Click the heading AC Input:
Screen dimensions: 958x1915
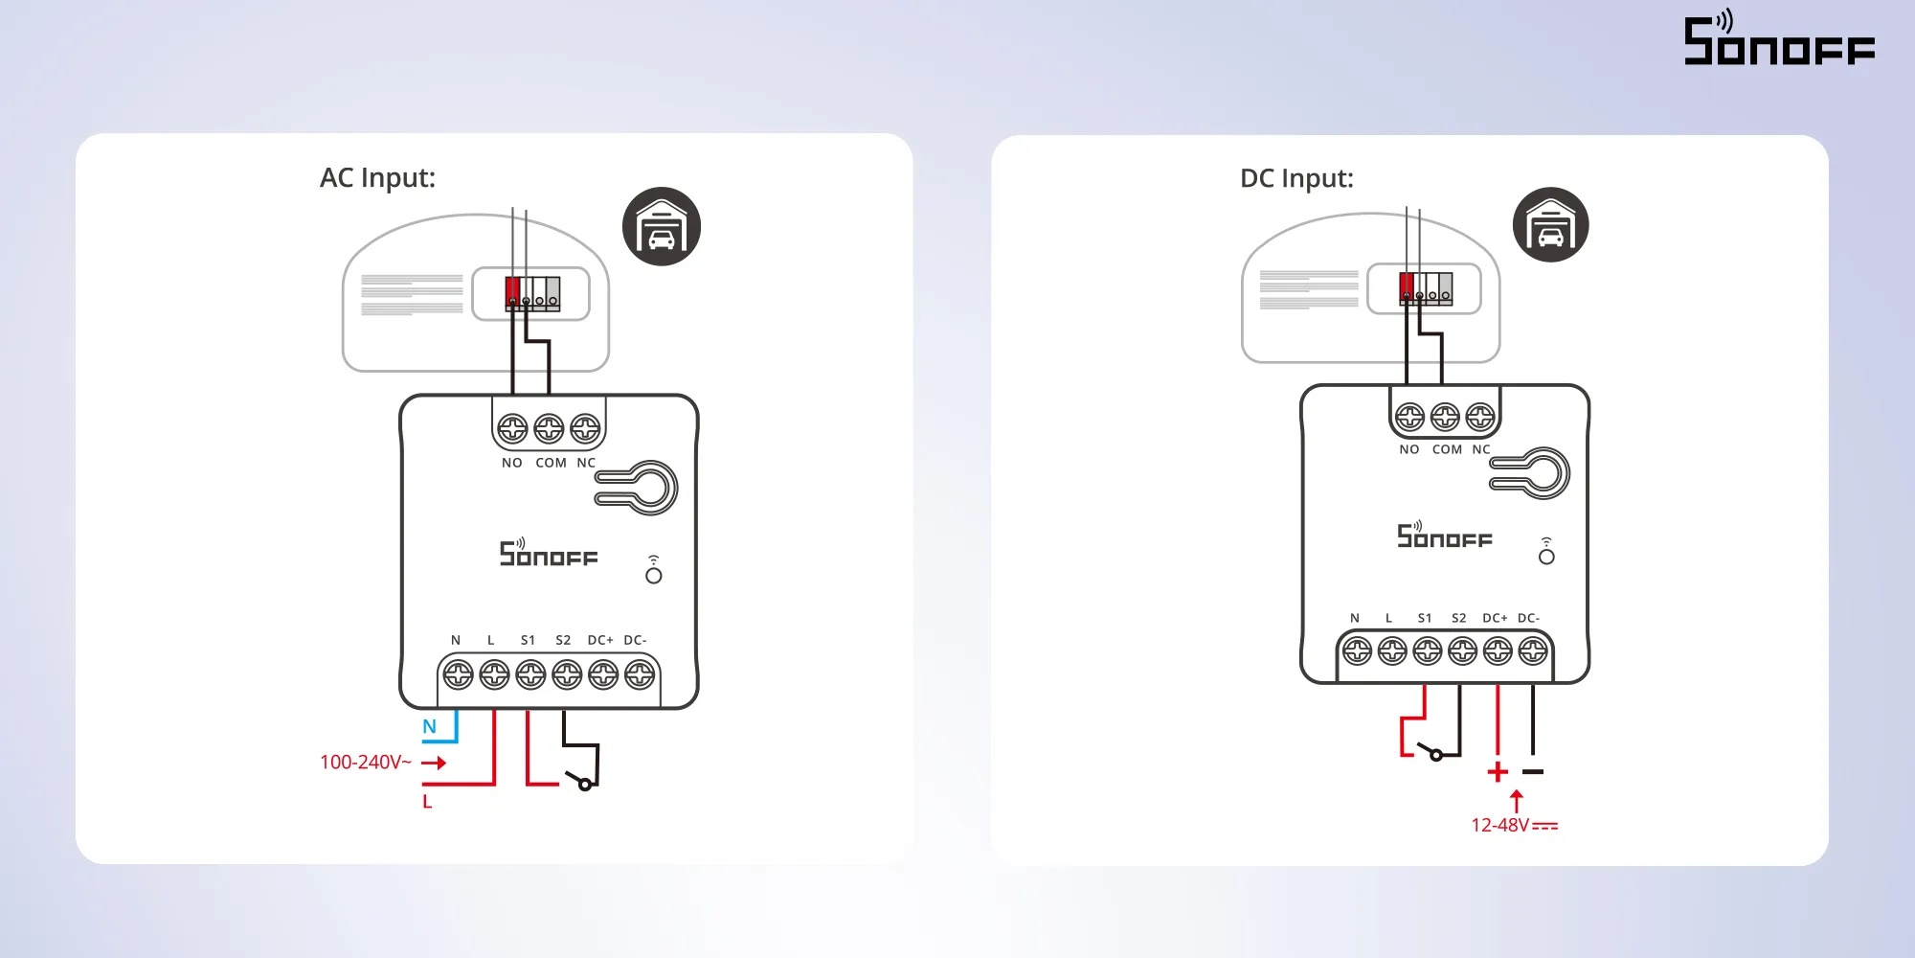point(377,178)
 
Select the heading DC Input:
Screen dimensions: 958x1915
point(1296,179)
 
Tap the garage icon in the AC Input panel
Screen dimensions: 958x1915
point(662,226)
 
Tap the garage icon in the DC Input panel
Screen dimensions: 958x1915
point(1551,225)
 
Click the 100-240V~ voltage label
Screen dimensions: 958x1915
point(365,763)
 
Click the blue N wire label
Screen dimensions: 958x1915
point(429,727)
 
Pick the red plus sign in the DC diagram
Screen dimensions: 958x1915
point(1498,772)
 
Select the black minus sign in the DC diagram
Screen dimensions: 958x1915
point(1533,772)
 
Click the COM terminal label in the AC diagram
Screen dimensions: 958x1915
point(551,464)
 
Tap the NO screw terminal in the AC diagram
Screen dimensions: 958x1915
point(513,428)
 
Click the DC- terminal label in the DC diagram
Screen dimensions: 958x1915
point(1528,619)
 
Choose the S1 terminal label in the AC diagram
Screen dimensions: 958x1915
point(528,641)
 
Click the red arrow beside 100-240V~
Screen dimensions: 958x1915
point(434,763)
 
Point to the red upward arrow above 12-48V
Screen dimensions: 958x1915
point(1516,801)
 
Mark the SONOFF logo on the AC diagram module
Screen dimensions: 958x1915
point(548,553)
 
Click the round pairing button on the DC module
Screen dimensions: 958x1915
point(1546,557)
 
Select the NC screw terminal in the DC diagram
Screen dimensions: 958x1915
point(1480,417)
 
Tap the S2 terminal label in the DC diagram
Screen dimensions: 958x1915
point(1458,619)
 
